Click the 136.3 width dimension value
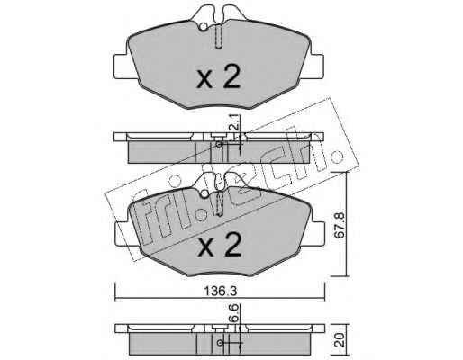221,291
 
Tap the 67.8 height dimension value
340,225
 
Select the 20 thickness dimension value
340,340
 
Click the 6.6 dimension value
235,313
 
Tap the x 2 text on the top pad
218,77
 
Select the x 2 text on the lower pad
219,245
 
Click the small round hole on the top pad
204,27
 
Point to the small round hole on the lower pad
204,193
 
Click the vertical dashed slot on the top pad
219,37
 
